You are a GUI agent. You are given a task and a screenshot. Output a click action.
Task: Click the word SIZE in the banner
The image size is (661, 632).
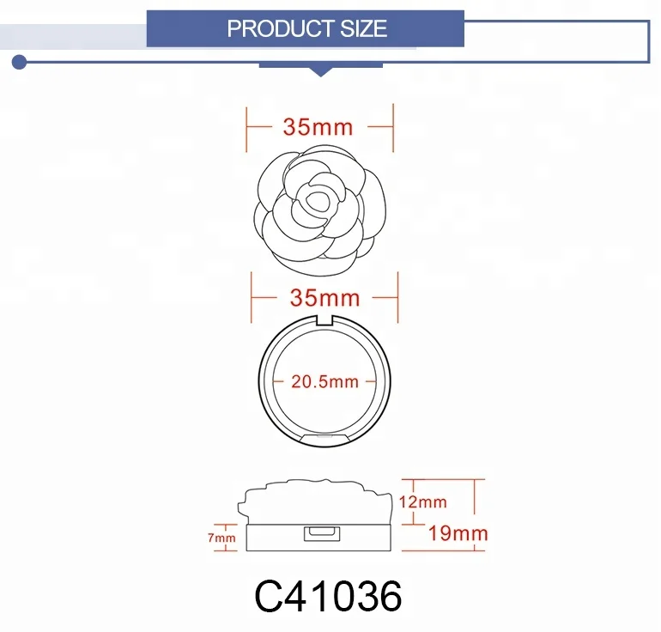pyautogui.click(x=364, y=28)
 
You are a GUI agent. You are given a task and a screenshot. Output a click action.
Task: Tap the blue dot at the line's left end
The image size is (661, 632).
pyautogui.click(x=19, y=63)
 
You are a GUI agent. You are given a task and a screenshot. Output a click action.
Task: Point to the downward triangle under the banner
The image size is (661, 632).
pyautogui.click(x=321, y=72)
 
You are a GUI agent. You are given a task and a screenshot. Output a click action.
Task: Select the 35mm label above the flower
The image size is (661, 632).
pyautogui.click(x=318, y=127)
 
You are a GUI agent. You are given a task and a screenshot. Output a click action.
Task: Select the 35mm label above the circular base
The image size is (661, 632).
pyautogui.click(x=324, y=298)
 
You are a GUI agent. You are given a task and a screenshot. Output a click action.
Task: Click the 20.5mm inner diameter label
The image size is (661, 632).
pyautogui.click(x=324, y=382)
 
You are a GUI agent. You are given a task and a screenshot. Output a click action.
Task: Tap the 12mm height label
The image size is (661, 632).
pyautogui.click(x=423, y=502)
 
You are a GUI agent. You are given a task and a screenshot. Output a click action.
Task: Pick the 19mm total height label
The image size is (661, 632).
pyautogui.click(x=458, y=534)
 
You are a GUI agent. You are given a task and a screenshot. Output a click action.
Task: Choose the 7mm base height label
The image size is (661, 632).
pyautogui.click(x=221, y=538)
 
